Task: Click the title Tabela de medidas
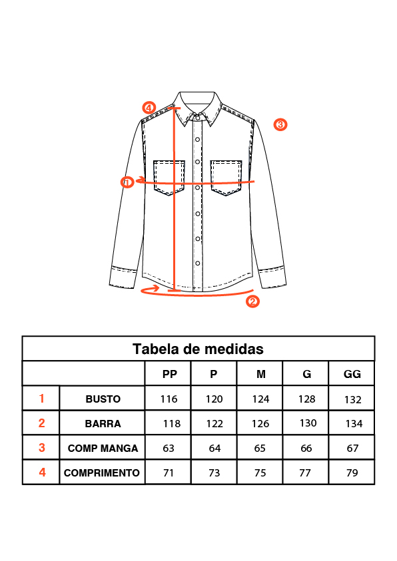(198, 349)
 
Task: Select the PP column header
(170, 374)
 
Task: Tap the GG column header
(352, 374)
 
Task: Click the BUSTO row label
(103, 399)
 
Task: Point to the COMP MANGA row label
(103, 448)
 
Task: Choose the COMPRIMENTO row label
(102, 472)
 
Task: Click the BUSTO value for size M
(260, 399)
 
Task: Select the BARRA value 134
(354, 424)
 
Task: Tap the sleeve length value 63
(169, 448)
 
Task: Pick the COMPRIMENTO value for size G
(305, 472)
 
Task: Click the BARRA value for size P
(214, 424)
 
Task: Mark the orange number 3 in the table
(42, 448)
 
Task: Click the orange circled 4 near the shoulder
(149, 107)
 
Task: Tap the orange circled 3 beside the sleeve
(280, 124)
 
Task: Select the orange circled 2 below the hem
(252, 301)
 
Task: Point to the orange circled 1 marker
(127, 182)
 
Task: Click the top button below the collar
(197, 118)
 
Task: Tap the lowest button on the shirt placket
(197, 264)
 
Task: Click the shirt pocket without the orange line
(226, 178)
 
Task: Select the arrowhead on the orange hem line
(155, 288)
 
